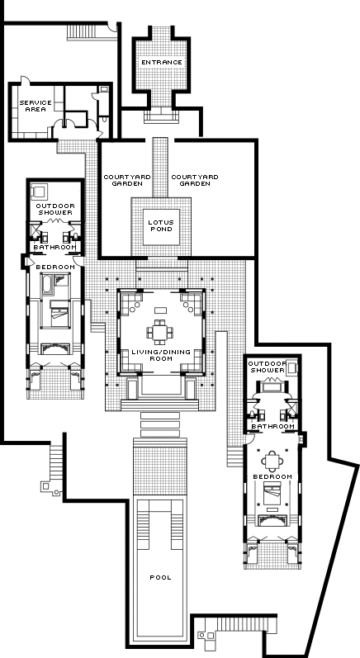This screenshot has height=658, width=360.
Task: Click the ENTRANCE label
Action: coord(162,63)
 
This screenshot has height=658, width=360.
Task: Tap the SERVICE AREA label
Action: coord(36,106)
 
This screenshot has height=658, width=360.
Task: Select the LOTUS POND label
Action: coord(161,225)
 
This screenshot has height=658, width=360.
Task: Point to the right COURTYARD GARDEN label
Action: coord(195,181)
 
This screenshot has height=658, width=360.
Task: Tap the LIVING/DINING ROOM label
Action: coord(161,355)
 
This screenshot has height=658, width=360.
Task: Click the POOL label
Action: coord(161,577)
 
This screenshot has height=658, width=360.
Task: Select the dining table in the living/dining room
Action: coord(160,333)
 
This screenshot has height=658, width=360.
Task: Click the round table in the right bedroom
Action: coord(272,462)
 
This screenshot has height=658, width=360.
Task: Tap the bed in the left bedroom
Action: coord(59,313)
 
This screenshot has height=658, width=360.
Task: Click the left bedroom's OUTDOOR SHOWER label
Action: coord(55,209)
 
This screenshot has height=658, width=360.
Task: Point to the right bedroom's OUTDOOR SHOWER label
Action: coord(267,367)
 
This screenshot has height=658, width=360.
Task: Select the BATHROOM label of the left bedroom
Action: coord(55,247)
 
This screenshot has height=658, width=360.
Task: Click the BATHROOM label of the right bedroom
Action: coord(272,426)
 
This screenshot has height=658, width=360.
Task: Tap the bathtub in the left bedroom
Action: coord(46,285)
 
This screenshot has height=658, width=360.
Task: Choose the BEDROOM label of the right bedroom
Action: coord(272,477)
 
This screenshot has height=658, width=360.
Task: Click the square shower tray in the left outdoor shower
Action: coord(39,192)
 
